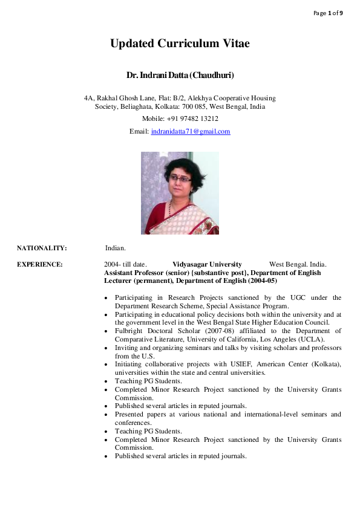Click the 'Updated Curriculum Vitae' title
pos(180,44)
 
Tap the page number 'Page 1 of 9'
pos(328,13)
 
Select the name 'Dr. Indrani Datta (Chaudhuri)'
pos(180,76)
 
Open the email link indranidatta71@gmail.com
pos(191,131)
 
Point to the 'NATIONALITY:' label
pos(42,248)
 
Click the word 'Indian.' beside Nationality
pos(115,248)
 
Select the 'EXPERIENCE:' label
pos(40,264)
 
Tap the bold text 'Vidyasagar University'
pos(207,264)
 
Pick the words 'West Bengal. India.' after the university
pos(298,264)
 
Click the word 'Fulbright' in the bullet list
pos(129,331)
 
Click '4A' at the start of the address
pos(88,98)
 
